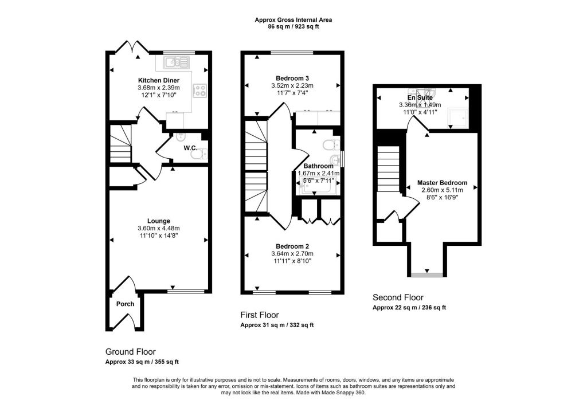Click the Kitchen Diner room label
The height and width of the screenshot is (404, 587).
(158, 80)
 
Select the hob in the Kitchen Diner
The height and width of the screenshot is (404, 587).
(200, 90)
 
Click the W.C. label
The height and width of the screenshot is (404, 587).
(191, 148)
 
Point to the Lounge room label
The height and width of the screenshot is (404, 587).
(158, 221)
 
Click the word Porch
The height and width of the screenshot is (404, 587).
(125, 304)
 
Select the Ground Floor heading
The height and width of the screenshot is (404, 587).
(130, 351)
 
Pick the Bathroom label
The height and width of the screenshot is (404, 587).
(318, 166)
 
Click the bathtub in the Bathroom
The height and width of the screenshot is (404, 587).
(317, 185)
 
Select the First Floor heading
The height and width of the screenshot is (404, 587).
(259, 315)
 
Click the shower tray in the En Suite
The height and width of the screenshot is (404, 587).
(458, 118)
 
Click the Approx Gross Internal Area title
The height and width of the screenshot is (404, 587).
(293, 20)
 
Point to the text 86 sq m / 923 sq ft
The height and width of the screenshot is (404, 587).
(293, 27)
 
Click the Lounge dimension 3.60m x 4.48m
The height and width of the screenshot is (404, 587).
(158, 228)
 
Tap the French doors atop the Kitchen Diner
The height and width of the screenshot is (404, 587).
(131, 47)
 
